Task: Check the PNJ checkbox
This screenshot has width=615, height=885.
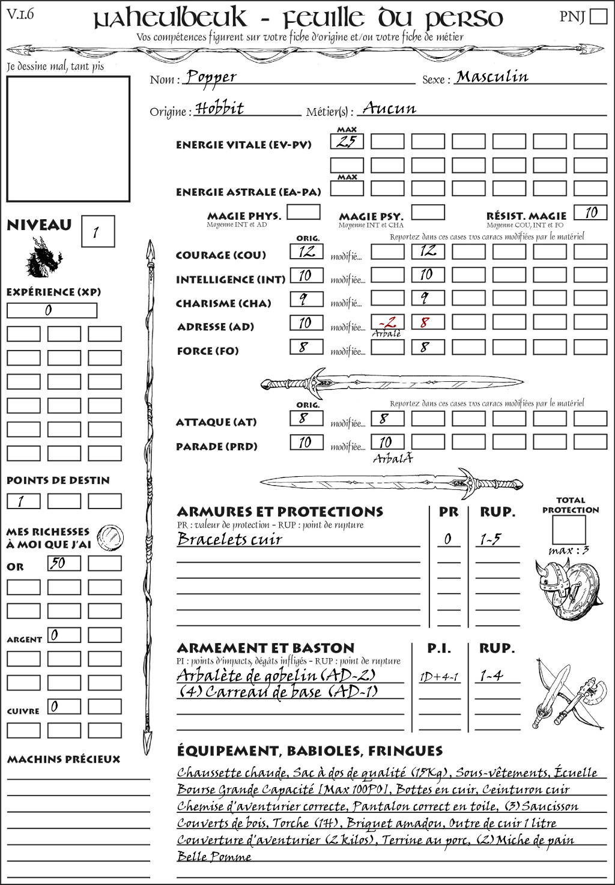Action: (x=598, y=16)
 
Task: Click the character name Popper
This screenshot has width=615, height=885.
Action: (x=211, y=77)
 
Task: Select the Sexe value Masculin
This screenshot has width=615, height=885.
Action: (x=492, y=77)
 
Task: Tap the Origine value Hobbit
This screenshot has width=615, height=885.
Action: (x=220, y=109)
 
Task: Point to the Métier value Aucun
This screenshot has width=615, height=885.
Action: (x=389, y=109)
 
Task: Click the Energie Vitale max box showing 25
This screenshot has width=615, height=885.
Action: (x=347, y=142)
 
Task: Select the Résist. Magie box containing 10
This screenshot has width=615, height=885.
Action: (x=590, y=213)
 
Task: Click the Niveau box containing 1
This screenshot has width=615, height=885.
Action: (x=97, y=232)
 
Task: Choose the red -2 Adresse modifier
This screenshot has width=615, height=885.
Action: (x=387, y=322)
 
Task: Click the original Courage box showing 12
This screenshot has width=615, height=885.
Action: (x=307, y=252)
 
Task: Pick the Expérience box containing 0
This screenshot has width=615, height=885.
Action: (x=52, y=310)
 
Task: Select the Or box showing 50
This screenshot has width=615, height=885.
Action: (x=64, y=563)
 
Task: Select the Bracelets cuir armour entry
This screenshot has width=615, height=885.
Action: (x=230, y=539)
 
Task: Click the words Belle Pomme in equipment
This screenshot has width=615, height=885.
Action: (x=214, y=856)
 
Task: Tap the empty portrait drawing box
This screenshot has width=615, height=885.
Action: (x=68, y=139)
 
